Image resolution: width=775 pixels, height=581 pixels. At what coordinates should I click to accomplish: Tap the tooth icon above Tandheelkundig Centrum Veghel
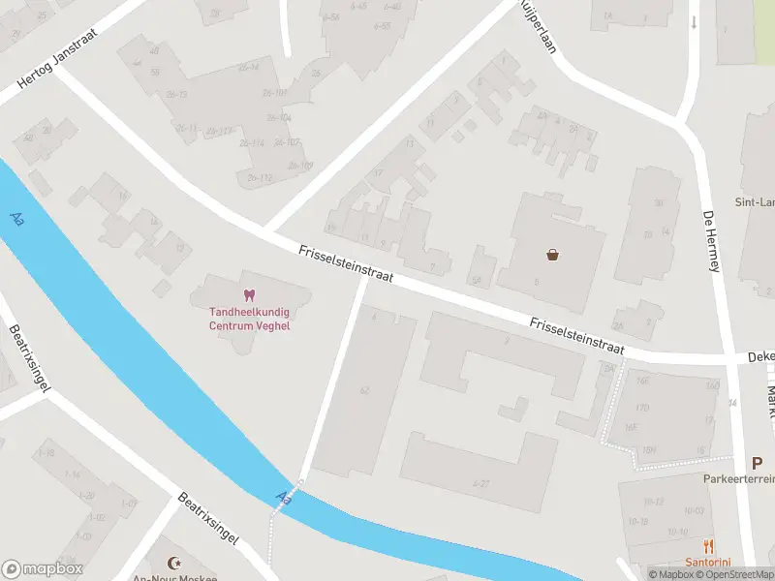(249, 294)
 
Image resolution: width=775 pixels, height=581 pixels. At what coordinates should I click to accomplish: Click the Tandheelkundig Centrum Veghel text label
(249, 319)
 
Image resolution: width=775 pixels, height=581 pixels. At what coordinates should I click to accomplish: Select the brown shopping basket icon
(553, 256)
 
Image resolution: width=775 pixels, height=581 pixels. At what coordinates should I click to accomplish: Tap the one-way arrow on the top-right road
(694, 21)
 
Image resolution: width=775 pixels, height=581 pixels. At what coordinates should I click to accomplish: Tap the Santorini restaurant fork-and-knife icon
(709, 546)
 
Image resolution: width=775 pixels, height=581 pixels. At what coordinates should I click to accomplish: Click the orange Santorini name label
(708, 563)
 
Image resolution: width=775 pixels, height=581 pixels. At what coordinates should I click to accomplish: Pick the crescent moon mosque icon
(174, 564)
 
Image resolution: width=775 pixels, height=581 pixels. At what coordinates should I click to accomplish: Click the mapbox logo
(43, 569)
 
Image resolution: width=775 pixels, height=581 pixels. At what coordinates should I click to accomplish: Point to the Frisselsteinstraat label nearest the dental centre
(345, 262)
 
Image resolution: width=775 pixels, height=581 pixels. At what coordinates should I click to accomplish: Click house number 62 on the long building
(364, 390)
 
